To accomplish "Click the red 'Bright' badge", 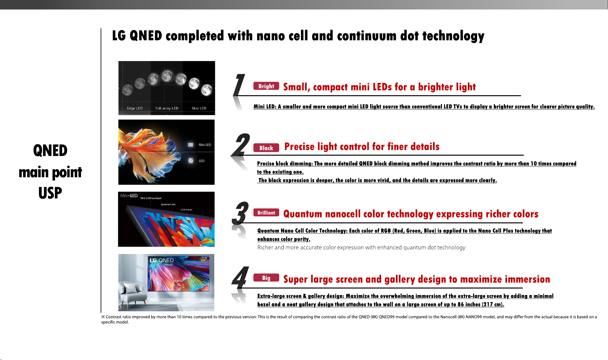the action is click(266, 86).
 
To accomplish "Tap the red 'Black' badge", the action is click(266, 148).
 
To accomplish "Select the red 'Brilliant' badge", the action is click(266, 213).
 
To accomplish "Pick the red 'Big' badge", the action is click(266, 278).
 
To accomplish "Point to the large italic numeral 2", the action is click(241, 145).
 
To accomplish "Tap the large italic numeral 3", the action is click(240, 213).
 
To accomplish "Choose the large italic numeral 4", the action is click(240, 277).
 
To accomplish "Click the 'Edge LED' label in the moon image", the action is click(135, 108).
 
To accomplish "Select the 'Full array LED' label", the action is click(167, 108).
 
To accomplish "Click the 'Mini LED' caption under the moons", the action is click(199, 108).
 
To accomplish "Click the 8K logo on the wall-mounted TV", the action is click(203, 260).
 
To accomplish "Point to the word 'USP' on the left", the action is click(50, 193).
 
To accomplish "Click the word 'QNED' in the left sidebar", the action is click(50, 150).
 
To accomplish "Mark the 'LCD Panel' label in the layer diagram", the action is click(186, 210).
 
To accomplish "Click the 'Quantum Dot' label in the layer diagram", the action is click(168, 204).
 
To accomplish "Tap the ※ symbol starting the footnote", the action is click(103, 317).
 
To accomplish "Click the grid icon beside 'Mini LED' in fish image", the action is click(191, 145).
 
